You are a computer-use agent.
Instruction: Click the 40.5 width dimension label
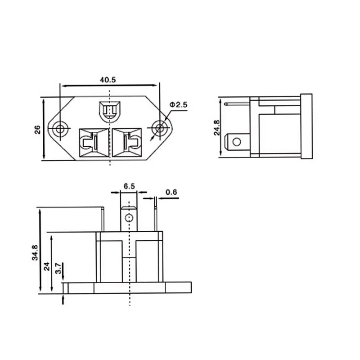tap(108, 80)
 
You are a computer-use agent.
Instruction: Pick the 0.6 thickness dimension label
tap(171, 193)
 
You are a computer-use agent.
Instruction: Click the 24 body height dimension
tap(46, 266)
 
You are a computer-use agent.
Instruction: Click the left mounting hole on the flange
tap(60, 129)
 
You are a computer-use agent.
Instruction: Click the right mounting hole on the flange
tap(159, 128)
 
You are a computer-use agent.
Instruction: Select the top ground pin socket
tap(109, 110)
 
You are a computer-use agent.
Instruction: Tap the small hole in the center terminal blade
tap(129, 219)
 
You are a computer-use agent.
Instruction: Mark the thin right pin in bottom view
tap(156, 218)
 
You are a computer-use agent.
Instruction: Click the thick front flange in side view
tap(306, 127)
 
